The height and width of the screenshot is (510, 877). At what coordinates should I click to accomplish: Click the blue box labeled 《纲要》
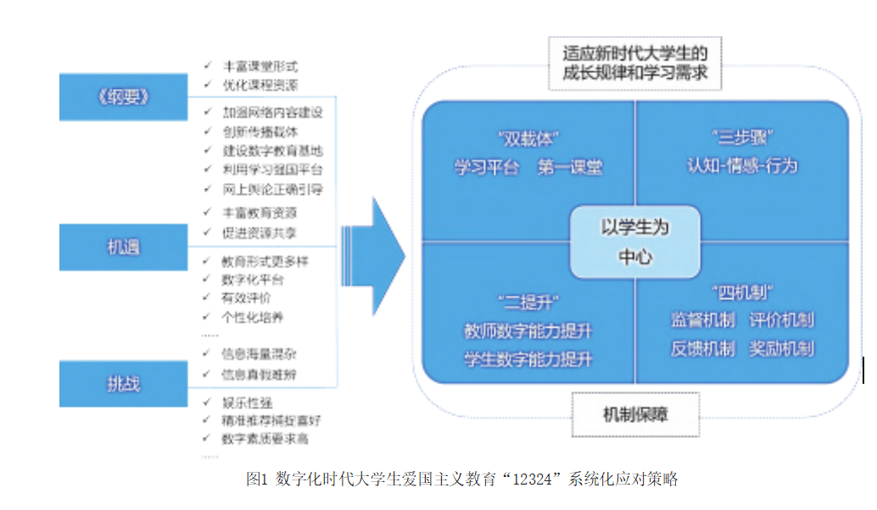123,97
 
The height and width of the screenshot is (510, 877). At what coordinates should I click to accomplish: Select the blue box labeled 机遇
123,247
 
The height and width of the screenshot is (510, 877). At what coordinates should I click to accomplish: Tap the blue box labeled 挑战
123,384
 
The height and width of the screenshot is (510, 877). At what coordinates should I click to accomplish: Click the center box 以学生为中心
635,241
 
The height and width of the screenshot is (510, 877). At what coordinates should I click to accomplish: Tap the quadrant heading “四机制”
742,293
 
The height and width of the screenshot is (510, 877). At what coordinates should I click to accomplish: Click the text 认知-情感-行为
742,166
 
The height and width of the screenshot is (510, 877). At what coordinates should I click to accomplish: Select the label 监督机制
702,320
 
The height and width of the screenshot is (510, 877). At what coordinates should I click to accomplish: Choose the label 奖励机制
781,348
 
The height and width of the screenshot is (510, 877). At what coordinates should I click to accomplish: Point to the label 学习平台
486,168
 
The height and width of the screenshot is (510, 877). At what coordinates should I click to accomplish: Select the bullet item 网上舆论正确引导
272,189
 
